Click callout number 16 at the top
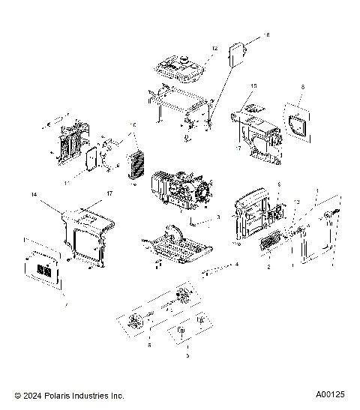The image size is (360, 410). click(x=265, y=35)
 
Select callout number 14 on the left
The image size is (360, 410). click(x=34, y=194)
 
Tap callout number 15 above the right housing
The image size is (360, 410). click(x=253, y=86)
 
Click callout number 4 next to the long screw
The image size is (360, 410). click(x=237, y=265)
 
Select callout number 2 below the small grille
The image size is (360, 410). click(x=268, y=266)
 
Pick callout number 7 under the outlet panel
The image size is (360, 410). click(x=46, y=307)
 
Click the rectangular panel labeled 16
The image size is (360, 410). click(x=238, y=55)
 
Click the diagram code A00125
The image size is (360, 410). click(x=329, y=395)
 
